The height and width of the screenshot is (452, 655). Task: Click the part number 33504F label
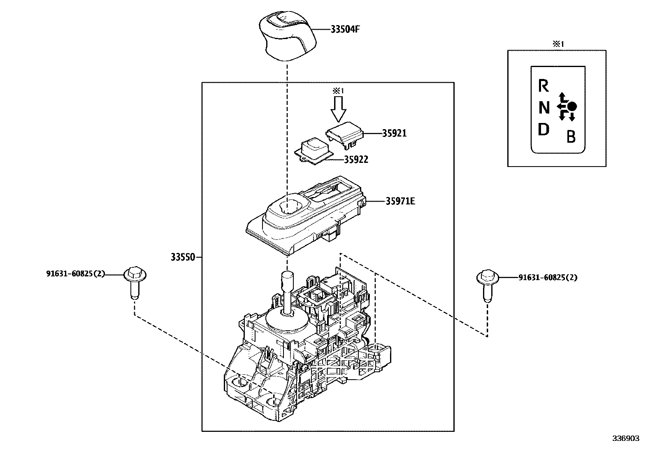pos(348,30)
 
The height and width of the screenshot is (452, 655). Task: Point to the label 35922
pos(356,160)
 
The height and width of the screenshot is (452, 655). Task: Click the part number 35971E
pos(400,201)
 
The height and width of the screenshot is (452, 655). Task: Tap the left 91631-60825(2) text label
pos(75,274)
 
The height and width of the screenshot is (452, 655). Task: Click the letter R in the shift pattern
pos(544,86)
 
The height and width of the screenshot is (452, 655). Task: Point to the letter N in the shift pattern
pos(544,108)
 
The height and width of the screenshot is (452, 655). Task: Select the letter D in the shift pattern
pos(544,130)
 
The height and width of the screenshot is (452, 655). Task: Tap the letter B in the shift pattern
pos(571,137)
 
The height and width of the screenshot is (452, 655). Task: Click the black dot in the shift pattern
pos(572,106)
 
